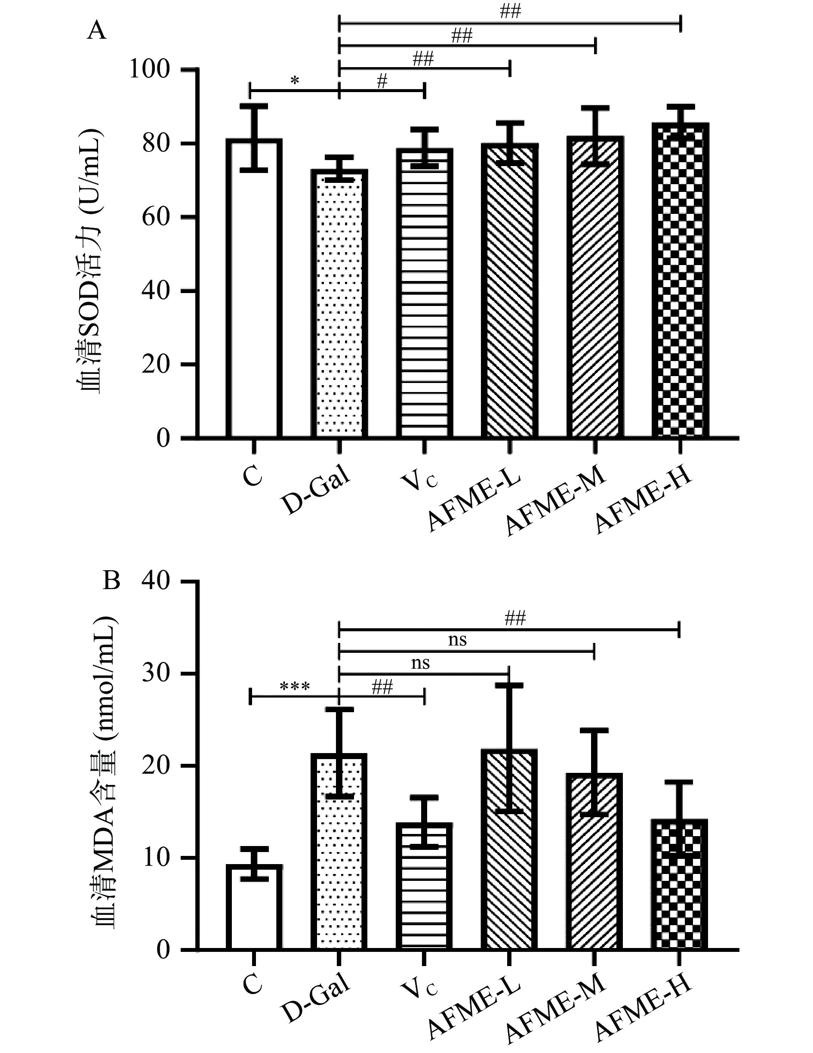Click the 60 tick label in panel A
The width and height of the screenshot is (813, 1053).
[156, 217]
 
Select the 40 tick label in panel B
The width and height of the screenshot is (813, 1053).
[156, 582]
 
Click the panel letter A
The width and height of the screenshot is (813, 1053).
[96, 31]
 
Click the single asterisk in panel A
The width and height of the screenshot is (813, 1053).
[295, 81]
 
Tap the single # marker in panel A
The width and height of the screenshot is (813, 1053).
[382, 81]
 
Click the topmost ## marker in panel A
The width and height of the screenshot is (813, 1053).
[510, 12]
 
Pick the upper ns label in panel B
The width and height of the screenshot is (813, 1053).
[457, 640]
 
